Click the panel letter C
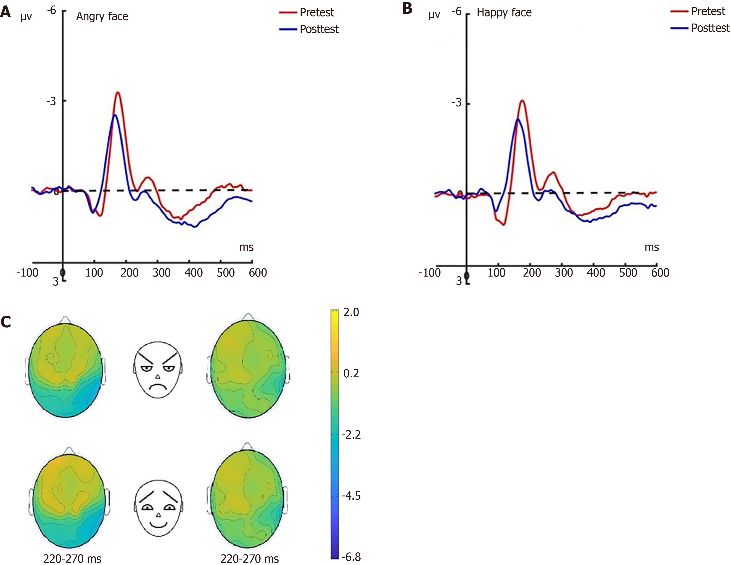click(6, 322)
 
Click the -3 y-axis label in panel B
click(456, 102)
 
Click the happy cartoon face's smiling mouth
click(158, 525)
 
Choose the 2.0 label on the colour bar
click(351, 312)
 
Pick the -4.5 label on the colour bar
click(351, 496)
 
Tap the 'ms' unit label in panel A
click(246, 248)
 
